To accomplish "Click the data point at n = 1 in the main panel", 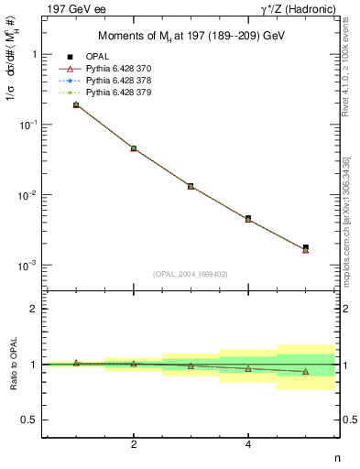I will (x=76, y=104).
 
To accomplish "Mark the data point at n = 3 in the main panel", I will (x=191, y=186).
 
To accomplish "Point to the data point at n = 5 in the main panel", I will (x=305, y=247).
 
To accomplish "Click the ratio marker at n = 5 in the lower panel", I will (x=305, y=372).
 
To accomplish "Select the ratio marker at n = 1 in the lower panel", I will (x=76, y=363).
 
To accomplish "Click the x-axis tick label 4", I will (x=248, y=445).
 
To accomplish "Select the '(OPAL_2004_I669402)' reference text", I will (x=191, y=273).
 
